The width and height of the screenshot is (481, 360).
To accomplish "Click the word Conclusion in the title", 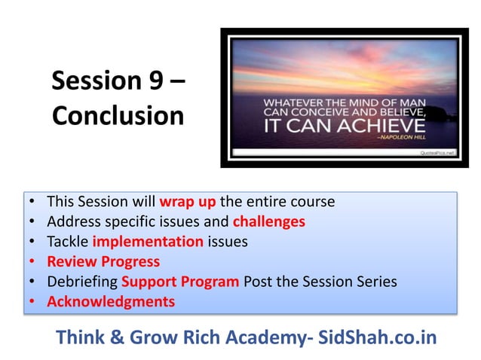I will (118, 116).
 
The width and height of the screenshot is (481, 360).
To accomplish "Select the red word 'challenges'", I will (269, 221).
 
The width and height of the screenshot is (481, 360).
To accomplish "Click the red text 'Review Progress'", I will (103, 261).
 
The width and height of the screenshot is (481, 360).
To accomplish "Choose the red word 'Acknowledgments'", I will (111, 301).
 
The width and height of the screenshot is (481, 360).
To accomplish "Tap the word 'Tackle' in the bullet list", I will (67, 242).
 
